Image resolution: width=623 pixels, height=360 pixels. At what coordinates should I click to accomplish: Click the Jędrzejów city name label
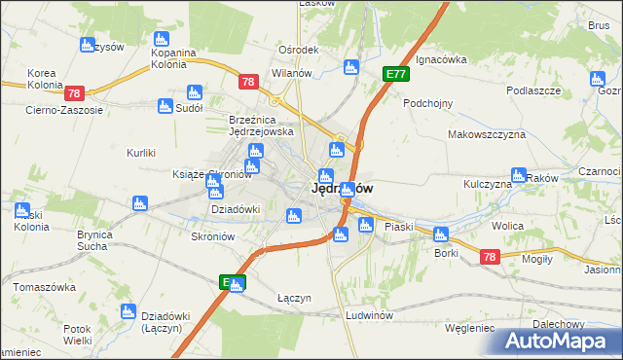tap(341, 190)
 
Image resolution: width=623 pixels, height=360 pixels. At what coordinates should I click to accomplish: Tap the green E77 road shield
tap(395, 73)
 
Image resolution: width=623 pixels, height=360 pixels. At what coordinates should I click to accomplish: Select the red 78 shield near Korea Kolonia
tap(75, 93)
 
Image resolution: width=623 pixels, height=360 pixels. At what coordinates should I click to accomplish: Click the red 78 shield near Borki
tap(489, 257)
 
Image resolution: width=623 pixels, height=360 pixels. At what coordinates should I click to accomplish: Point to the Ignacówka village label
tap(441, 59)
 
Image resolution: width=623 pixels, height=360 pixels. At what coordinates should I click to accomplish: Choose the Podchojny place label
tap(430, 102)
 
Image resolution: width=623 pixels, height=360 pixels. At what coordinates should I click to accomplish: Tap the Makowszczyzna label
tap(487, 135)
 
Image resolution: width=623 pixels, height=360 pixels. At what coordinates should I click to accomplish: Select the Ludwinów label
tap(369, 316)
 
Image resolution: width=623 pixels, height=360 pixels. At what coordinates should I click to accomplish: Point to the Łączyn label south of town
tap(294, 298)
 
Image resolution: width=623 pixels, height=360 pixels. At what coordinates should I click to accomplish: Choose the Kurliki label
tap(142, 153)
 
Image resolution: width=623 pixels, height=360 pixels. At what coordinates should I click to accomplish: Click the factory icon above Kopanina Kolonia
tap(162, 39)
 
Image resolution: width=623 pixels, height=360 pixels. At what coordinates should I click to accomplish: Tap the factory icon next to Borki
tap(441, 234)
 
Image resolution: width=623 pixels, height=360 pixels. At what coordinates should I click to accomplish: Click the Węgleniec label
tap(469, 328)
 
